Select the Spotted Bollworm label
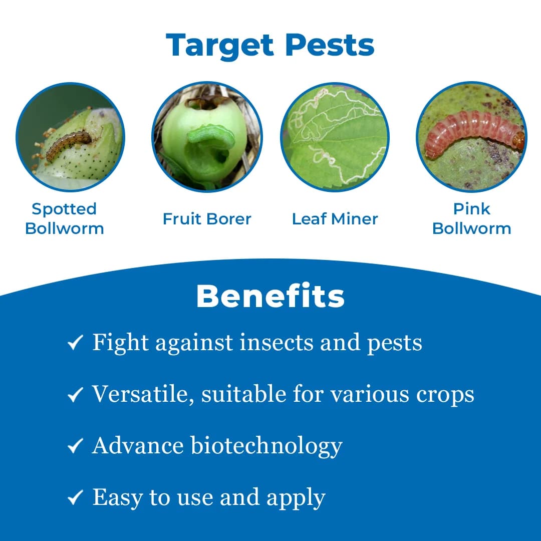click(64, 218)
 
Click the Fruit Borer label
click(207, 219)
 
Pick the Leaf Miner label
click(335, 219)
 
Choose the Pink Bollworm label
click(471, 218)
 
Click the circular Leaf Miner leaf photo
click(335, 137)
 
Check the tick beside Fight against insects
click(75, 344)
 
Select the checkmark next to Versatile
click(75, 395)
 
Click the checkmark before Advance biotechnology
click(75, 446)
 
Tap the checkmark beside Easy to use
click(75, 497)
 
